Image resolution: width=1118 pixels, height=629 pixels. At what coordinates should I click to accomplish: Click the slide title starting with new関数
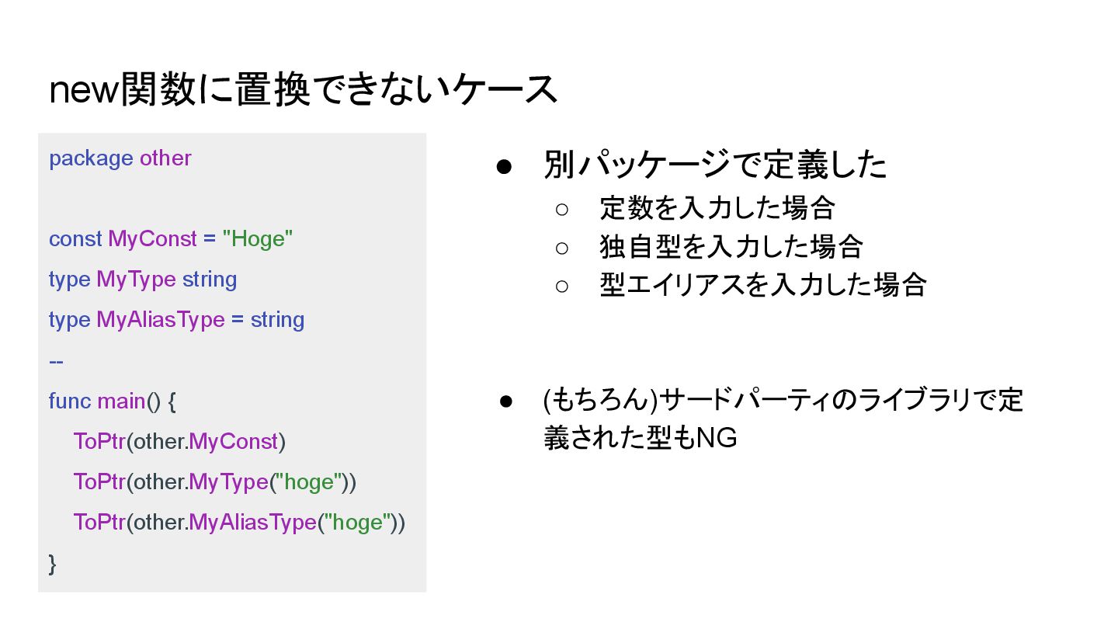(x=303, y=89)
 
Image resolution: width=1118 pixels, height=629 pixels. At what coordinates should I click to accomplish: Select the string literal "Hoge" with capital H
(x=257, y=239)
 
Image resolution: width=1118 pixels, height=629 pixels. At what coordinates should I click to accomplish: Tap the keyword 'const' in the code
(x=75, y=239)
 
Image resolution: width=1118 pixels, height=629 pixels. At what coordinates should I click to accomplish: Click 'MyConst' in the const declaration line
(x=152, y=239)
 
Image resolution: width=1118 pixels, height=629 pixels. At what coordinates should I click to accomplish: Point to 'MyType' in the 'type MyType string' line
(x=136, y=280)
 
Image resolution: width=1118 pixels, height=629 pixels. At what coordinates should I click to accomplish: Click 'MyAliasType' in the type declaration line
(x=160, y=320)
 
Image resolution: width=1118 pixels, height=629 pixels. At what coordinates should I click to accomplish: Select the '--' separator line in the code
(x=56, y=360)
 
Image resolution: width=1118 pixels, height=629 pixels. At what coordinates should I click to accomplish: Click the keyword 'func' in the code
(x=69, y=401)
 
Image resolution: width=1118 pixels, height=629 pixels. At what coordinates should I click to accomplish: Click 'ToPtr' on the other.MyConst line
(x=99, y=441)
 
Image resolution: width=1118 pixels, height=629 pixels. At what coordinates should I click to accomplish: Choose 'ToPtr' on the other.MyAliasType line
(x=99, y=522)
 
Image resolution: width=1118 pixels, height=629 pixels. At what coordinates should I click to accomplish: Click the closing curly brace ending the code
(x=53, y=563)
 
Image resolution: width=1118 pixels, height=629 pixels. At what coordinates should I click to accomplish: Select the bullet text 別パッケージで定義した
(x=714, y=165)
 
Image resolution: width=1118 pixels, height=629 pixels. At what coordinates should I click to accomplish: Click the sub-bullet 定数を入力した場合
(x=717, y=208)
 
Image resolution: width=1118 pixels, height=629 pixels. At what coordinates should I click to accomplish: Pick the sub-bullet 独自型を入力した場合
(x=731, y=247)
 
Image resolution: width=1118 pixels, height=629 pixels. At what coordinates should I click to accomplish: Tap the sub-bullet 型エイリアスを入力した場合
(x=762, y=285)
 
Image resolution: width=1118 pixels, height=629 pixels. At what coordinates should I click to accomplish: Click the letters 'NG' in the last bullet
(x=717, y=439)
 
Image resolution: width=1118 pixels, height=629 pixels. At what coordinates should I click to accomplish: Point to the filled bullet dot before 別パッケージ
(x=504, y=166)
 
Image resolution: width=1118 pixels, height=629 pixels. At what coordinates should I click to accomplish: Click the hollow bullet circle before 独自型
(x=562, y=248)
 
